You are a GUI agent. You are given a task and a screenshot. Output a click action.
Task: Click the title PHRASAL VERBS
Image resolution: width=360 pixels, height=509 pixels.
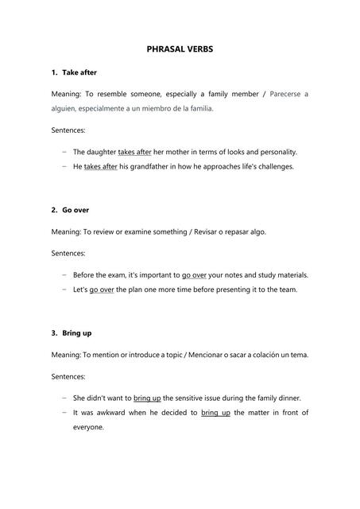(x=180, y=49)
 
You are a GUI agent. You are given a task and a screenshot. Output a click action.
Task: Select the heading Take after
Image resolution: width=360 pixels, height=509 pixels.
(x=79, y=72)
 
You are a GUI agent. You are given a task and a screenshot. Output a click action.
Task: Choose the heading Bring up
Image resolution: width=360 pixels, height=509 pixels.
(x=77, y=332)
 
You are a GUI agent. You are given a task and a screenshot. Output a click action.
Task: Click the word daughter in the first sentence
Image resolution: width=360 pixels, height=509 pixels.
(x=99, y=151)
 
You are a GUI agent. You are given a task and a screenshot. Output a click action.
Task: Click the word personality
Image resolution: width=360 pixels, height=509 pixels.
(x=274, y=151)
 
